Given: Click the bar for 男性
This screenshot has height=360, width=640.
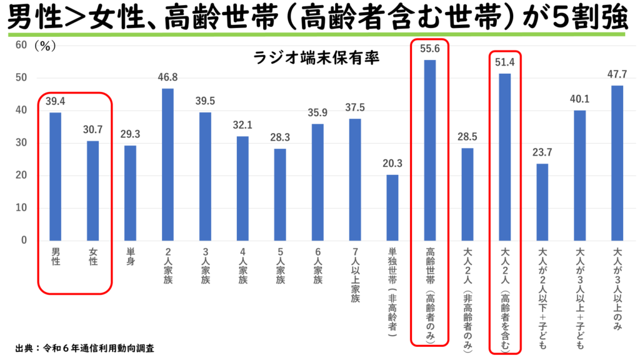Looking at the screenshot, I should pyautogui.click(x=55, y=176).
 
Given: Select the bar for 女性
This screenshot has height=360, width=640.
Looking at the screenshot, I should pyautogui.click(x=92, y=191).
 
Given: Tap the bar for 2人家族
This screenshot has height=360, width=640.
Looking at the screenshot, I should pyautogui.click(x=167, y=164).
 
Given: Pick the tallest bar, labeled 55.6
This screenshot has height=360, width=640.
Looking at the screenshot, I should pyautogui.click(x=430, y=150).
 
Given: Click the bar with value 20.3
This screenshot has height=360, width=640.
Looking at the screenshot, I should pyautogui.click(x=392, y=207).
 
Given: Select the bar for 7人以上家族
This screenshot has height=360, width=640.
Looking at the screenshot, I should pyautogui.click(x=355, y=179).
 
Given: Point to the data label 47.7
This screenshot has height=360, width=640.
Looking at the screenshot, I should pyautogui.click(x=617, y=73).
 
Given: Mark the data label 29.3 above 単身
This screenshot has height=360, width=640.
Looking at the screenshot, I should pyautogui.click(x=130, y=133).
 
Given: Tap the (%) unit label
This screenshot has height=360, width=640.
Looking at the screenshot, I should pyautogui.click(x=46, y=46).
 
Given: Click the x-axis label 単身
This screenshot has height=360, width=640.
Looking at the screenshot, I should pyautogui.click(x=130, y=257).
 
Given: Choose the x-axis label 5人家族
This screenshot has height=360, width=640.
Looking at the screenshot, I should pyautogui.click(x=280, y=266).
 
